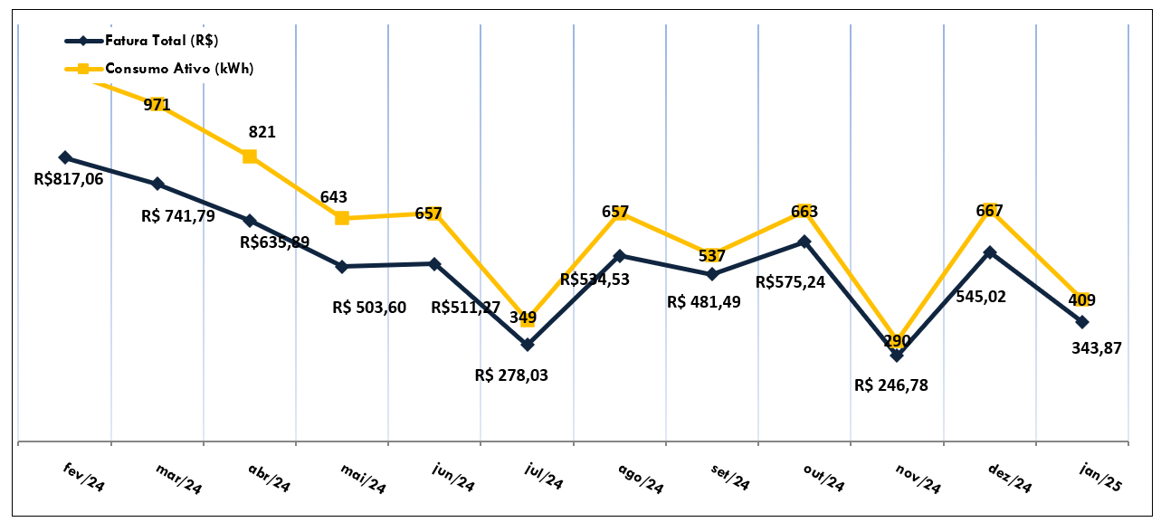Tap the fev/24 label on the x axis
point(84,478)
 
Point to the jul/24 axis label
point(544,476)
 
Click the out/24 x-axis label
point(823,477)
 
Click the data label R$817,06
point(69,179)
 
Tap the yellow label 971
point(157,104)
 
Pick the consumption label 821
point(262,132)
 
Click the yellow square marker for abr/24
point(250,157)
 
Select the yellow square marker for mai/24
point(341,218)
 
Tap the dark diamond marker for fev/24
point(65,157)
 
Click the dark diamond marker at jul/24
point(528,345)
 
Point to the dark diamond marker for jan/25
point(1082,322)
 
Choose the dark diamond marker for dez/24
point(990,252)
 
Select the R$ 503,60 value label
point(369,308)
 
